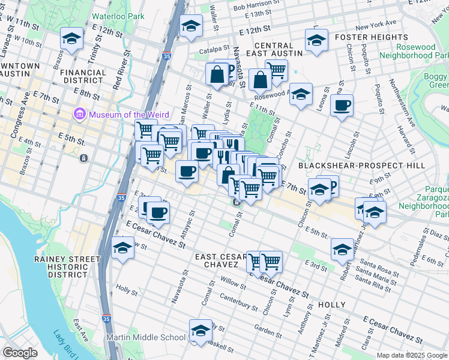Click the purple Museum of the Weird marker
click(79, 114)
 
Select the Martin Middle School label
click(146, 337)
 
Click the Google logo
click(20, 352)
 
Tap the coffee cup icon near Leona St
click(342, 106)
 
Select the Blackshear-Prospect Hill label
click(361, 165)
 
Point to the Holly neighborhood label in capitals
click(331, 305)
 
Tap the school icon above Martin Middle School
click(200, 329)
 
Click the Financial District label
click(83, 76)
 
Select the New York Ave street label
click(376, 23)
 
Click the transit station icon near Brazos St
click(83, 158)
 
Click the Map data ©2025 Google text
click(411, 355)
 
